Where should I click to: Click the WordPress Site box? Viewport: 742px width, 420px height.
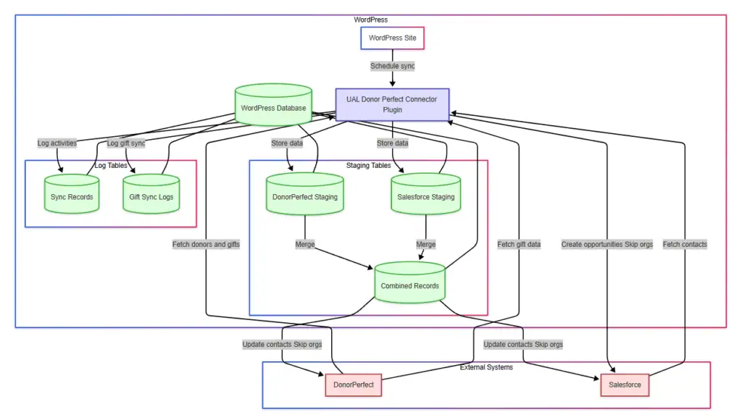click(392, 38)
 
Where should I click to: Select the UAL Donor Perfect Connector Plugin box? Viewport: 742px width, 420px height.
click(392, 104)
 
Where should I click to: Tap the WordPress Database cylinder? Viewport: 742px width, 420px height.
click(273, 109)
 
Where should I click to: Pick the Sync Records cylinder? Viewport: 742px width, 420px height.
click(72, 196)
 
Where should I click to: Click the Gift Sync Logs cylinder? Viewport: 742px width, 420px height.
click(151, 196)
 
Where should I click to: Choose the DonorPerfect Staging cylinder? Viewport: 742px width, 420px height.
click(305, 196)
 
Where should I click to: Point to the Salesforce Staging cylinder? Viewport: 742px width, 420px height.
click(426, 196)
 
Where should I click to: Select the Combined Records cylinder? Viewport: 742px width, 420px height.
click(409, 285)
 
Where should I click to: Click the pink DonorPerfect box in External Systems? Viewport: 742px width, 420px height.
click(353, 385)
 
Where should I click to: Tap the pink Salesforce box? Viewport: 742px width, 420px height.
click(624, 385)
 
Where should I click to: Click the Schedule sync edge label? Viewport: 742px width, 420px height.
click(392, 66)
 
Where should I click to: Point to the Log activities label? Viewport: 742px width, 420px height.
click(57, 143)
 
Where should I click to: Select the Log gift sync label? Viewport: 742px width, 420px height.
click(126, 143)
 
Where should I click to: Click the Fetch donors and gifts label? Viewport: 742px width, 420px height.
click(206, 244)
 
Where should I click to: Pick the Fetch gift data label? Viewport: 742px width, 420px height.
click(519, 244)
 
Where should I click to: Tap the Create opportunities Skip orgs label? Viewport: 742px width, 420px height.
click(606, 244)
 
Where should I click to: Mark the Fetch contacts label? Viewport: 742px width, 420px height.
click(684, 244)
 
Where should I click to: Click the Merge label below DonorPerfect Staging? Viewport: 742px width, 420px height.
click(305, 244)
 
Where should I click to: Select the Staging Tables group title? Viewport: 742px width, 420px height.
click(368, 166)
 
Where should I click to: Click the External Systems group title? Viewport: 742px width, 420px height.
click(486, 367)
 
